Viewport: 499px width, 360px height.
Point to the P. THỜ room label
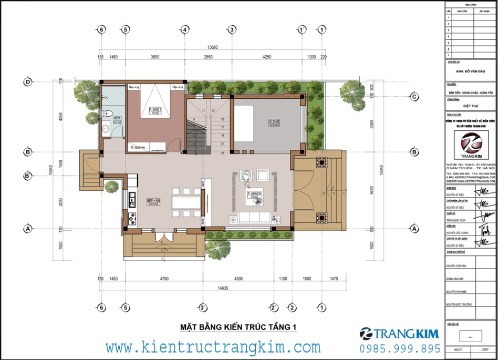[273, 122]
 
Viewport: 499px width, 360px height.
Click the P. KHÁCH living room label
[255, 195]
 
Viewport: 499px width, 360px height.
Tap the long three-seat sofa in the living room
[255, 217]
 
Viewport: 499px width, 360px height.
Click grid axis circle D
[27, 81]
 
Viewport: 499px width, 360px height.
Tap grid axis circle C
[414, 97]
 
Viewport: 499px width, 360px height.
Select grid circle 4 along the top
[185, 29]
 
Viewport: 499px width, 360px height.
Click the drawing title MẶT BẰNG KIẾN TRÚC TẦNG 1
[238, 327]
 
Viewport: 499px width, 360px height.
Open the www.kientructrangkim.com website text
[213, 347]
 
